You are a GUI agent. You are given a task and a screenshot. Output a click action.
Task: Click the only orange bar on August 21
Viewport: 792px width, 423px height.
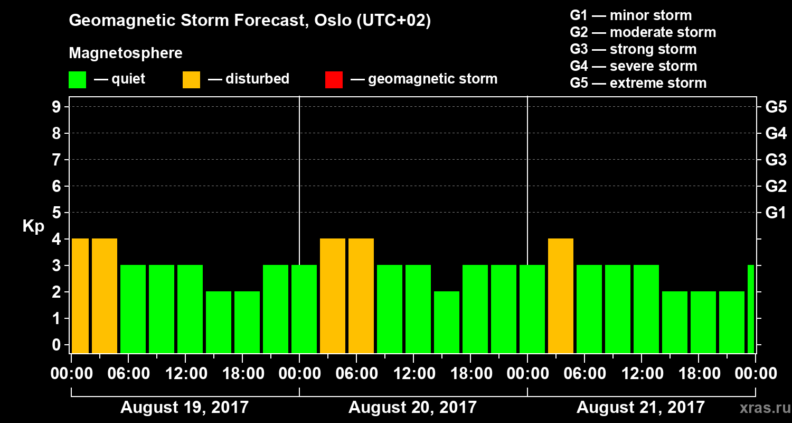561,296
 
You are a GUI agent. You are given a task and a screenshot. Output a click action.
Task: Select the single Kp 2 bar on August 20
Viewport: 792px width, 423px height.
447,322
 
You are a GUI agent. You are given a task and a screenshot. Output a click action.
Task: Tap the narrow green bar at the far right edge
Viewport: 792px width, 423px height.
751,309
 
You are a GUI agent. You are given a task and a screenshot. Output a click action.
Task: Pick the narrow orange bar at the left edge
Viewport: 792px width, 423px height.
80,296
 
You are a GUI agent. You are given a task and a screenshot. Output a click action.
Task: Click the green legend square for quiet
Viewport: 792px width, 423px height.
78,80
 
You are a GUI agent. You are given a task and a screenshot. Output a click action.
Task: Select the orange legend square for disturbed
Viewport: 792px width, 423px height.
191,80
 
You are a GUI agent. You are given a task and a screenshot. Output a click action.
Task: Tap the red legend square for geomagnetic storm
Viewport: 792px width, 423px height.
334,80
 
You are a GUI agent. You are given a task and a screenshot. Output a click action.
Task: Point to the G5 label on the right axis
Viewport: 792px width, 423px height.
776,107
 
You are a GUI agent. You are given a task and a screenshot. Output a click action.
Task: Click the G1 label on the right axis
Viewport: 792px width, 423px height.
776,213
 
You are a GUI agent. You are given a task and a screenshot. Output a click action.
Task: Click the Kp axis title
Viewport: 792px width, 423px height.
33,226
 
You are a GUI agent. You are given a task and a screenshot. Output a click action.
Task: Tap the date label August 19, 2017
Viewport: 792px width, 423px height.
185,408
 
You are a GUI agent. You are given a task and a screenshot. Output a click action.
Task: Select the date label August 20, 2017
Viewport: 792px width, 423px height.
412,408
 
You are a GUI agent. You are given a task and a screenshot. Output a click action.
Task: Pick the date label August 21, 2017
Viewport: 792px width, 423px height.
640,408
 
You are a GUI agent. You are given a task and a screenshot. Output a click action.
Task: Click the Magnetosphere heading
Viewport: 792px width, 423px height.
126,53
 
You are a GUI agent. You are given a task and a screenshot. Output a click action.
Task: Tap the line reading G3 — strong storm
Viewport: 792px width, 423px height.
633,49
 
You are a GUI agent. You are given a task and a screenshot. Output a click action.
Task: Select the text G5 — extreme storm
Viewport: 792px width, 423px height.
638,83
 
